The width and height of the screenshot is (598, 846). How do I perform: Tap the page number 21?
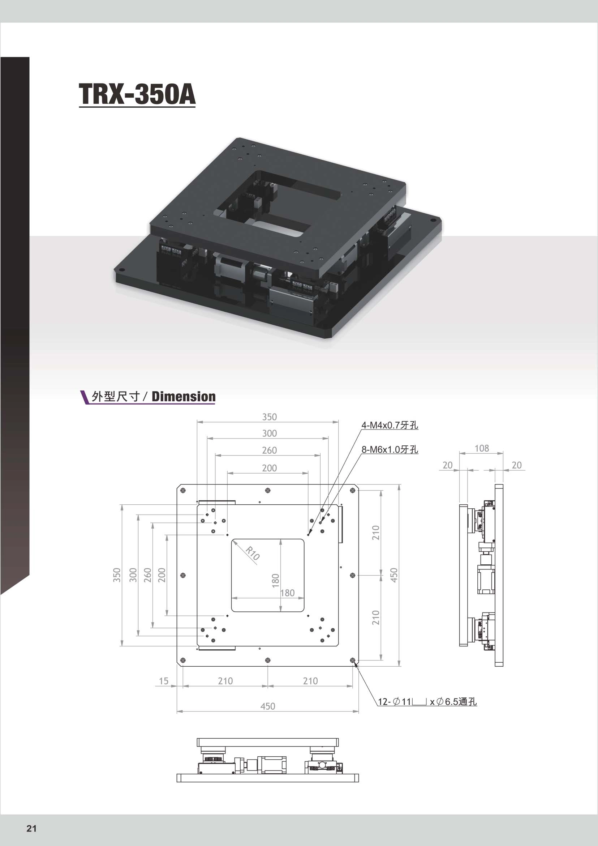tap(32, 828)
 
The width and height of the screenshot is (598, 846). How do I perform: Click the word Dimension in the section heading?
tap(184, 397)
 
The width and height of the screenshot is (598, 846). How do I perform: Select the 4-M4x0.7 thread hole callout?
tap(390, 425)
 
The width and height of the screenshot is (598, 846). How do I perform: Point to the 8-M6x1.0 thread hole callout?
tap(390, 449)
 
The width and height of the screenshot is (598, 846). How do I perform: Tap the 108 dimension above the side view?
tap(482, 448)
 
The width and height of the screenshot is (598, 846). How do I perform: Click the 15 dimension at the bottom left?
tap(163, 681)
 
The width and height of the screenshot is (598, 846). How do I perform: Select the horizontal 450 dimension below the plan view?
tap(268, 706)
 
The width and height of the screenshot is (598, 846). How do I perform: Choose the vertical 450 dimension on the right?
tap(393, 575)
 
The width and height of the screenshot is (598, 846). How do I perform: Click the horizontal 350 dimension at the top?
tap(269, 417)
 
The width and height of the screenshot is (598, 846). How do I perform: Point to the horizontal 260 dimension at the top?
tap(269, 450)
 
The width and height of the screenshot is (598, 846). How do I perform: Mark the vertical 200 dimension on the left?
tap(162, 575)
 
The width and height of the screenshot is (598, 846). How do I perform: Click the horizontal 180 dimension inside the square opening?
tap(288, 593)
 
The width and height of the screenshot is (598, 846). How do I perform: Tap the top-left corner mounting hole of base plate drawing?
tap(183, 491)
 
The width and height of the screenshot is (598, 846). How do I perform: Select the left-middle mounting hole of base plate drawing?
tap(183, 575)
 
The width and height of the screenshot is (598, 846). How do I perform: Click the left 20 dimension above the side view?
tap(447, 465)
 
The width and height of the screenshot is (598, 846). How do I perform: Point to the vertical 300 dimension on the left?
tap(133, 575)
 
